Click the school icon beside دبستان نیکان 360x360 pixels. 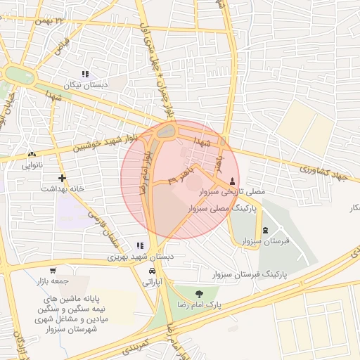pyautogui.click(x=85, y=74)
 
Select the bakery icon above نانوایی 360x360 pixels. pyautogui.click(x=32, y=155)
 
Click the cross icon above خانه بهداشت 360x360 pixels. pyautogui.click(x=63, y=178)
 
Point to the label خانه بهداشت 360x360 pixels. pyautogui.click(x=63, y=189)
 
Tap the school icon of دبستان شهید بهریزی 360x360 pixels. pyautogui.click(x=140, y=245)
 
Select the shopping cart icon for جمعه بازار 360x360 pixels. pyautogui.click(x=53, y=270)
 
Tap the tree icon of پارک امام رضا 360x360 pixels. pyautogui.click(x=199, y=294)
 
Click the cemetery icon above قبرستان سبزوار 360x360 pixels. pyautogui.click(x=264, y=230)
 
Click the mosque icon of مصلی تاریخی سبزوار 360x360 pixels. pyautogui.click(x=233, y=180)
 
